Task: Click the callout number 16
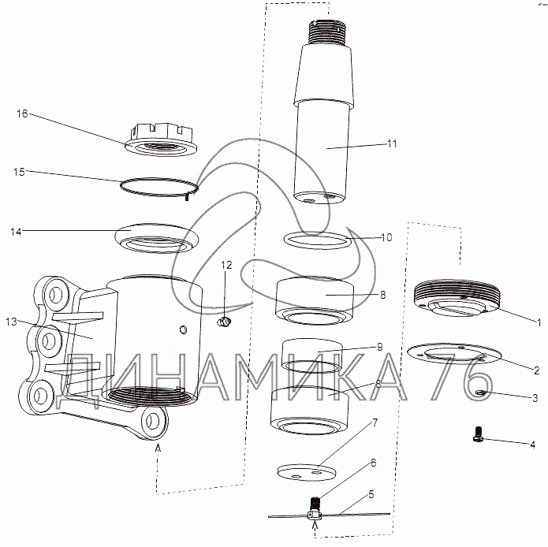(x=22, y=113)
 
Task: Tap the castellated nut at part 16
(x=161, y=140)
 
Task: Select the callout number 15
(x=19, y=172)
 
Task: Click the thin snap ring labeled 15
(x=159, y=188)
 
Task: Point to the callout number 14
(x=16, y=232)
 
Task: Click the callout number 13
(x=11, y=322)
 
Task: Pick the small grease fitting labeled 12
(x=224, y=322)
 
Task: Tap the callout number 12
(x=226, y=265)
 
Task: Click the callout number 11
(x=392, y=143)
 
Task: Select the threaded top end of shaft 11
(x=327, y=32)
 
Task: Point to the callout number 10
(x=386, y=237)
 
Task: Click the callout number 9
(x=380, y=347)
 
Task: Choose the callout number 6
(x=374, y=463)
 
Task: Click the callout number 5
(x=371, y=494)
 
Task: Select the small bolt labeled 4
(x=478, y=434)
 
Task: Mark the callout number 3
(x=535, y=398)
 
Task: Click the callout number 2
(x=537, y=370)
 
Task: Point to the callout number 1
(x=539, y=322)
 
